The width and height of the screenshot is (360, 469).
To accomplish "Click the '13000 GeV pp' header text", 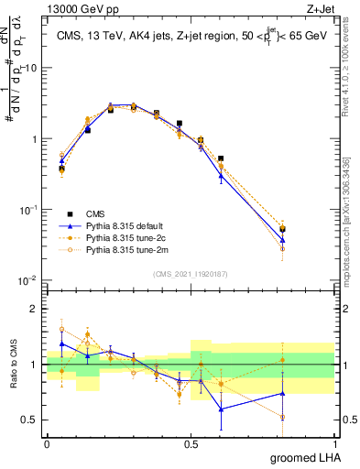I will (77, 8).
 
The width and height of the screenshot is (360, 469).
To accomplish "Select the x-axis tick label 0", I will (47, 443).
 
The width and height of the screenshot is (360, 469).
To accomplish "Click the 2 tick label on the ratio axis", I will (34, 309).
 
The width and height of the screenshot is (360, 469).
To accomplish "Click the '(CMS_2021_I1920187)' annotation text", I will (190, 272).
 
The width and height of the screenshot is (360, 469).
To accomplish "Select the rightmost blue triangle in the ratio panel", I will (282, 394).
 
